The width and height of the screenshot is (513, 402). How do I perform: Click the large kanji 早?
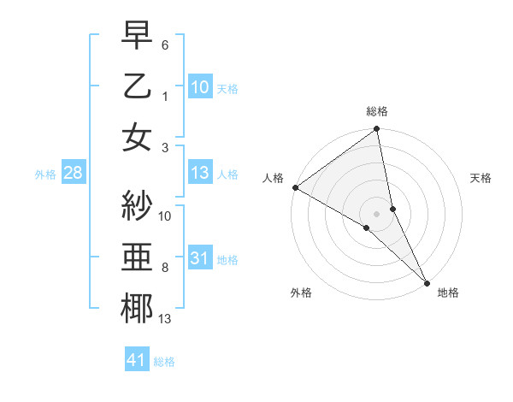point(137,37)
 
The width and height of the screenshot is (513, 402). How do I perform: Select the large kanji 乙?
point(137,86)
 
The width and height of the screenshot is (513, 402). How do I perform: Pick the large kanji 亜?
point(137,257)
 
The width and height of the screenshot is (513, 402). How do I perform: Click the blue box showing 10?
point(199,86)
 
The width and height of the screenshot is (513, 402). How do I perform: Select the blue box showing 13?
point(199,173)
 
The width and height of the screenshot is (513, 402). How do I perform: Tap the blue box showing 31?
point(199,257)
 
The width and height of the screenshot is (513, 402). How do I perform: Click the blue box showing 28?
point(73,173)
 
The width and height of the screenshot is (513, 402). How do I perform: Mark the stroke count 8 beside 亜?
point(164,267)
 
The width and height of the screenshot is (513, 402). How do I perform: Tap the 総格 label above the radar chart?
point(376,111)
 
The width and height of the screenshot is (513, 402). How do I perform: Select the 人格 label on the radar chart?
point(273,178)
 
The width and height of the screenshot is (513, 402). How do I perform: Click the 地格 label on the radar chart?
point(448,293)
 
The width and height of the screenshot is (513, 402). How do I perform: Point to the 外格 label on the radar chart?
point(301,293)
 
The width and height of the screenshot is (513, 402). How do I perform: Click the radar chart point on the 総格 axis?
point(376,131)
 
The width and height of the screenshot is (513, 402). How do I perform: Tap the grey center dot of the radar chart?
point(376,213)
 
